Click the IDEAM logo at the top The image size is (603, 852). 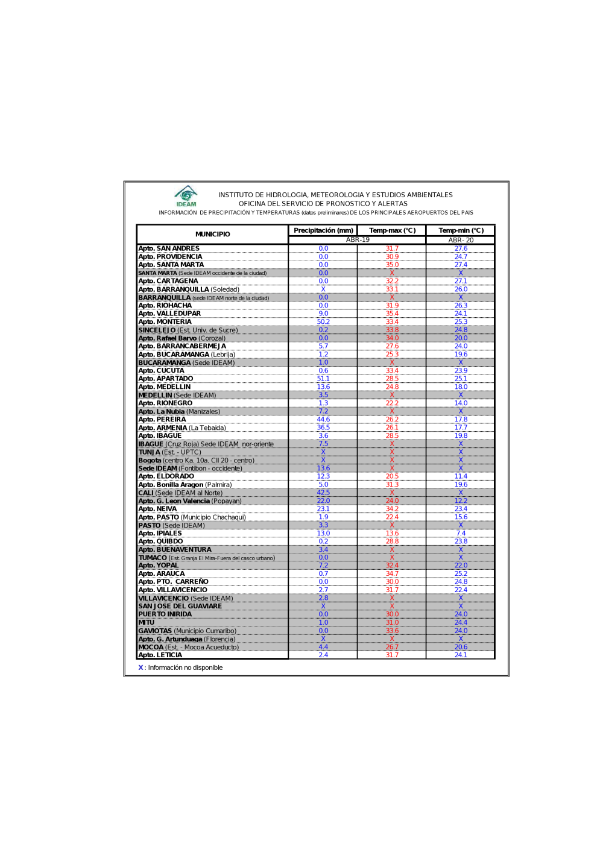(186, 196)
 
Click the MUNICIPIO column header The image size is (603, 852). (212, 234)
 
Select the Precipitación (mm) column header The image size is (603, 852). (323, 230)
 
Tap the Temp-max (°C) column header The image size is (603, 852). (392, 230)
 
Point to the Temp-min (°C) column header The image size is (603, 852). (461, 230)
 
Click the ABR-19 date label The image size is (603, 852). (358, 240)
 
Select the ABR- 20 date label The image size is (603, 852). (461, 240)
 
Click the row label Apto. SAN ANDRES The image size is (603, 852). (169, 248)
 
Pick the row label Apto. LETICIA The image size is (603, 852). (160, 655)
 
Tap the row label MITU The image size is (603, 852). (147, 622)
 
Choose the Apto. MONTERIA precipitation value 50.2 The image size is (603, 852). (323, 322)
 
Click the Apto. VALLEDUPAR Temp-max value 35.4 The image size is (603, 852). (392, 314)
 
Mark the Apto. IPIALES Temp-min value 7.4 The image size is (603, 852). (461, 533)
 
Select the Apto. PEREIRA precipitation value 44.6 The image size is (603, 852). (323, 420)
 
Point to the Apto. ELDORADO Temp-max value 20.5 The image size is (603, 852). (392, 476)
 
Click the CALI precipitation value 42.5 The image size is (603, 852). (323, 493)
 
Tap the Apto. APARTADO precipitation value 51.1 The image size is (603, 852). (323, 379)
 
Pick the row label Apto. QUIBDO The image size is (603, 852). (161, 541)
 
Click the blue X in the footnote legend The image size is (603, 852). (140, 667)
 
